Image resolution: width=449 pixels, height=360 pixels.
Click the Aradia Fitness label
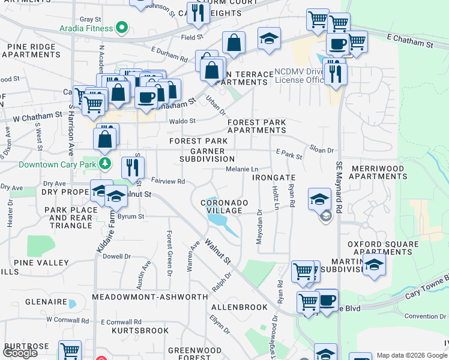(86, 28)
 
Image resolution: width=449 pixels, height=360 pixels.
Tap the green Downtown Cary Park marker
(106, 164)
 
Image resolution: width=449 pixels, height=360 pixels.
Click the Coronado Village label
(224, 207)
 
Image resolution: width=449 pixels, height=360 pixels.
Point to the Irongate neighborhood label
(274, 178)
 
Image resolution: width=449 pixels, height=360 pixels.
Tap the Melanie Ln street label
(242, 169)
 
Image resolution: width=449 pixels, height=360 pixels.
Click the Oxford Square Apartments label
(384, 248)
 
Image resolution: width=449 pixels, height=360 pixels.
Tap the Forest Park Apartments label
(256, 126)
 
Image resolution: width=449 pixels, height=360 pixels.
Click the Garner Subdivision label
(207, 155)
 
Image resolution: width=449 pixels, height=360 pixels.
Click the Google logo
(20, 353)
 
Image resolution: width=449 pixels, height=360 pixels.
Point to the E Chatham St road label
(410, 43)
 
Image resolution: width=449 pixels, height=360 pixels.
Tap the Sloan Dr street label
(321, 149)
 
